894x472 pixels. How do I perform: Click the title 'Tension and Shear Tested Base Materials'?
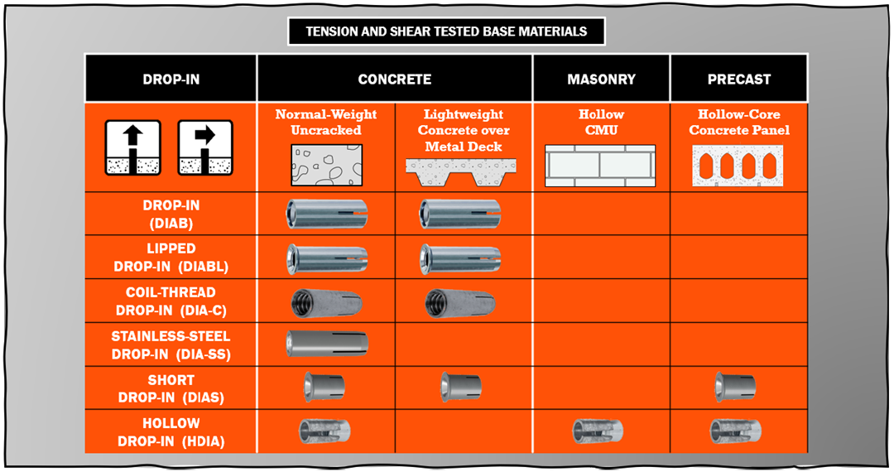pos(446,31)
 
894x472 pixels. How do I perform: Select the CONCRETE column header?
pos(395,79)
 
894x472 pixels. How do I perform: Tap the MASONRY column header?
pos(601,79)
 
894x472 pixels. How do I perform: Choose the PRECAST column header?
pos(739,79)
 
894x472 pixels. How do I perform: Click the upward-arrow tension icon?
pos(132,147)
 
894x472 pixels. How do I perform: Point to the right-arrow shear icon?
pos(205,147)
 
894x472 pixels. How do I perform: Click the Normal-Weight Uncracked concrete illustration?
pos(326,166)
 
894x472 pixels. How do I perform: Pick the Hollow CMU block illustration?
pos(600,166)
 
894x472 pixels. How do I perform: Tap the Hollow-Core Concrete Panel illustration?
pos(738,166)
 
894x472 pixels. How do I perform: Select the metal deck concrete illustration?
pos(461,172)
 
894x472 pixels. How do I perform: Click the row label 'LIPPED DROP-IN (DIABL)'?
pos(171,258)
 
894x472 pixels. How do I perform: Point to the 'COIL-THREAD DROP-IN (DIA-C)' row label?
pos(171,301)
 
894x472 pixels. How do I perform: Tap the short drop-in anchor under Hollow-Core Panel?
pos(735,388)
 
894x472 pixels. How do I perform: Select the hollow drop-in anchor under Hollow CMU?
pos(598,431)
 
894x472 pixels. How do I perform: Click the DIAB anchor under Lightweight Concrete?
pos(460,214)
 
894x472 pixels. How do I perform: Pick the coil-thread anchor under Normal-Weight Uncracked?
pos(326,303)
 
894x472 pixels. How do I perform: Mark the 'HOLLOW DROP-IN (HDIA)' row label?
pos(171,432)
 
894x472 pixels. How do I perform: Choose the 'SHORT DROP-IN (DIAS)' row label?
pos(171,388)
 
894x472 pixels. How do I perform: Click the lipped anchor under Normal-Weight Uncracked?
pos(327,259)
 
